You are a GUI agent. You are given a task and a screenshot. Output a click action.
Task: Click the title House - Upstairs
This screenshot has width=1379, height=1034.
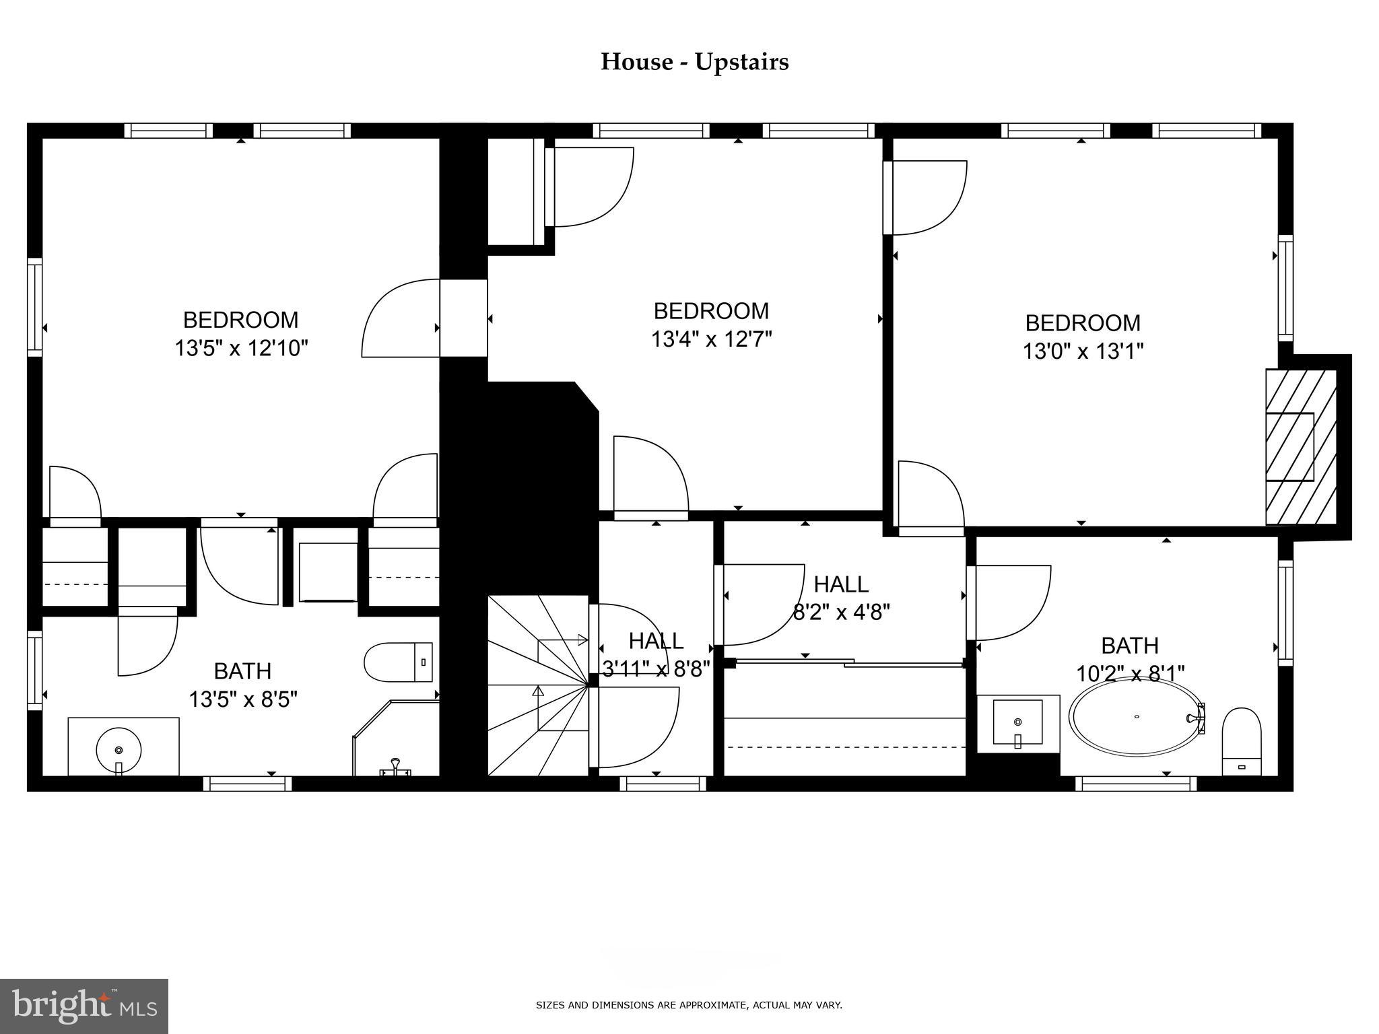(694, 62)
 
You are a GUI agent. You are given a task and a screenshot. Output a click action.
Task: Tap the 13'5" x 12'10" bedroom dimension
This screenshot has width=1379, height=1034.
(241, 349)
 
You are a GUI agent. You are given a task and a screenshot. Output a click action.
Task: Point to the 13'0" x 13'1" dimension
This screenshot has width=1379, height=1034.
(1083, 351)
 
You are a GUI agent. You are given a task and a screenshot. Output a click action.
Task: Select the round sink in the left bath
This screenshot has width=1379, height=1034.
(119, 749)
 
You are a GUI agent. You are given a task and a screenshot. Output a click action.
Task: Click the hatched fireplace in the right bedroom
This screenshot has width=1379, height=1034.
(1300, 446)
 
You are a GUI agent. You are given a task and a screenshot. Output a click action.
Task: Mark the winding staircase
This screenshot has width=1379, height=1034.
(539, 685)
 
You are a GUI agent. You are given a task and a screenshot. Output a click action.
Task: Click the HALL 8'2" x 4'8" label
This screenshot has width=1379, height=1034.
(841, 598)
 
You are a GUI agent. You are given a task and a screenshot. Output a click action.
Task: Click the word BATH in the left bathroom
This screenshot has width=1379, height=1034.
(242, 671)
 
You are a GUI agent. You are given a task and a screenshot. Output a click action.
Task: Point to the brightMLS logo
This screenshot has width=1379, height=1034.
(84, 1006)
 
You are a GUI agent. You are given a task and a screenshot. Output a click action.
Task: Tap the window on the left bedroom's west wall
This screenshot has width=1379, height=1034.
(34, 307)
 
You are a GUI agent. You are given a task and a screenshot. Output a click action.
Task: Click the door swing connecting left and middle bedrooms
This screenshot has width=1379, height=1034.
(401, 318)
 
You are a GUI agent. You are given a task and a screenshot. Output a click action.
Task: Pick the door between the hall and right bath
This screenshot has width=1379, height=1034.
(1008, 602)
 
